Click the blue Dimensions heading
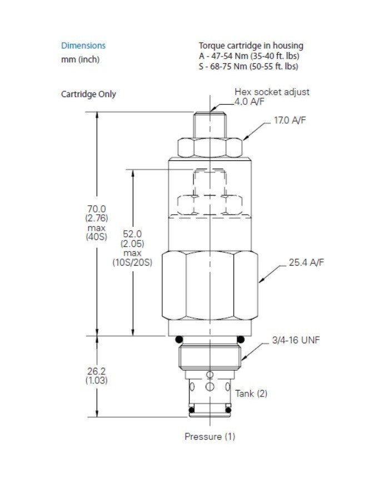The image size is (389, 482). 83,45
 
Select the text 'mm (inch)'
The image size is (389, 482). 80,59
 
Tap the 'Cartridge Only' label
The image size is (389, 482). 88,94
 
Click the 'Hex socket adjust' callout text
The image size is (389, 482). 272,92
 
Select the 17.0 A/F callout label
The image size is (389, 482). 290,120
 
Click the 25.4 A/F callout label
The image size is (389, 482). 306,262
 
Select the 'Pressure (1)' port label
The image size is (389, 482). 210,437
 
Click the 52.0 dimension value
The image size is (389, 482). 132,234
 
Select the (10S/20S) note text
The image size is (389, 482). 132,261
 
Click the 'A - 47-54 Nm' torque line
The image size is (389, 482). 248,56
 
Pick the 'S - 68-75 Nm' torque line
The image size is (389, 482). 248,67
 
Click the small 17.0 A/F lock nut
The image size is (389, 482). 210,148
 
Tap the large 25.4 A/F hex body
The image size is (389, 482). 210,286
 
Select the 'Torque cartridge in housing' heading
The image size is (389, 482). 251,45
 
